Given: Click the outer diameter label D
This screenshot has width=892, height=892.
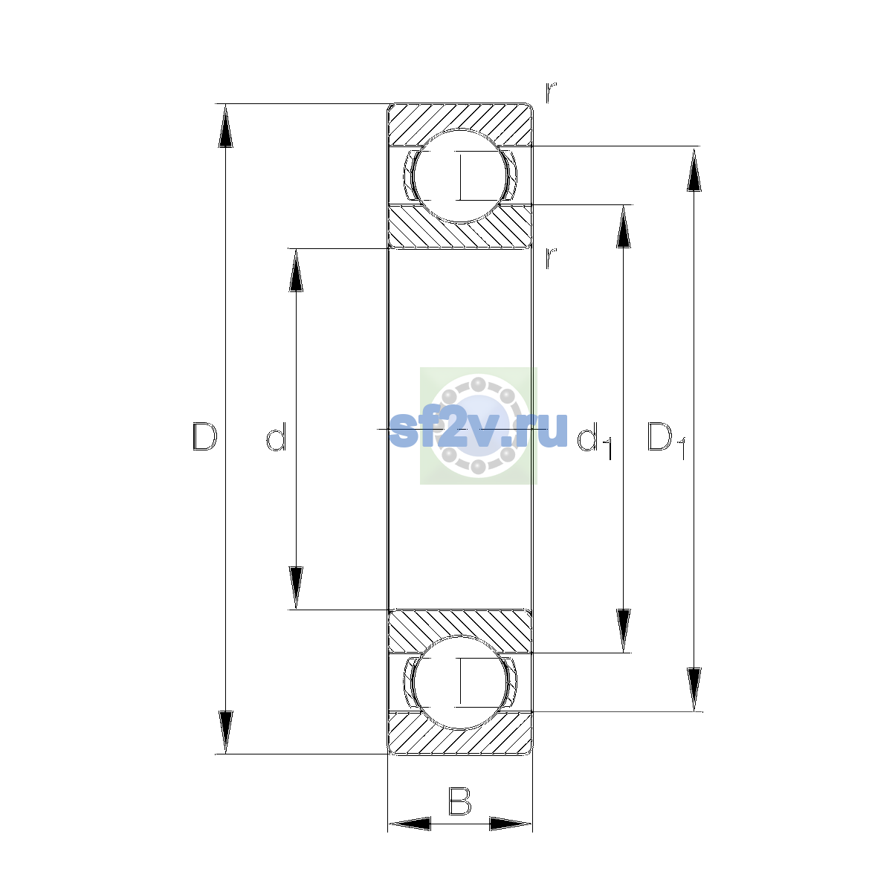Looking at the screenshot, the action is coord(204,436).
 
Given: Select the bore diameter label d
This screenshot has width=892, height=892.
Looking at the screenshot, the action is coord(277,436).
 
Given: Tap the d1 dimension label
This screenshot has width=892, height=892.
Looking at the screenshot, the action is coord(595,442).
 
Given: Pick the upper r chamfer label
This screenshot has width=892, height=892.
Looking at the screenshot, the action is coord(551,93).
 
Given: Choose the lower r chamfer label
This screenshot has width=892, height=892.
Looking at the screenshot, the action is coord(551,258).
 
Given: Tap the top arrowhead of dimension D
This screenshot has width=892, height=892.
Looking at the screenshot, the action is coord(225,126).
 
